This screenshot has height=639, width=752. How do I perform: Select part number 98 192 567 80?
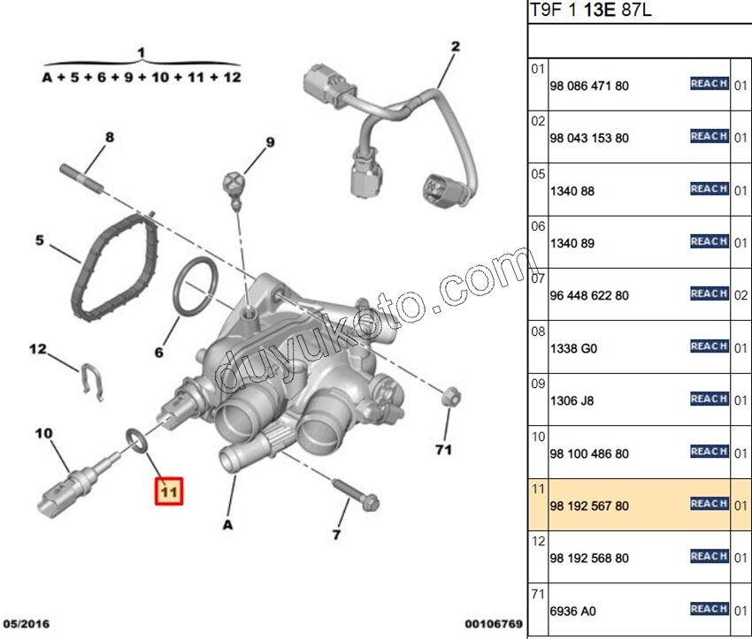589,506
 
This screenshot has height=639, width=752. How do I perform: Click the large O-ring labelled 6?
194,287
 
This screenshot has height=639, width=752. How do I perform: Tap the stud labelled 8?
84,179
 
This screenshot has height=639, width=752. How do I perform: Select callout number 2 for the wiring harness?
456,46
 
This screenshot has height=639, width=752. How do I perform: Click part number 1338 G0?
573,348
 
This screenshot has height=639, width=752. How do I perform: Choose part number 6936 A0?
573,611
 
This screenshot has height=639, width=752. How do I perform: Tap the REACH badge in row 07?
709,293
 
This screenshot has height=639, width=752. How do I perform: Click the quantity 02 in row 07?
741,295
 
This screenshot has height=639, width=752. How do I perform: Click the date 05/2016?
26,624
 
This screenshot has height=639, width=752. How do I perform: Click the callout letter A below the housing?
226,524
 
